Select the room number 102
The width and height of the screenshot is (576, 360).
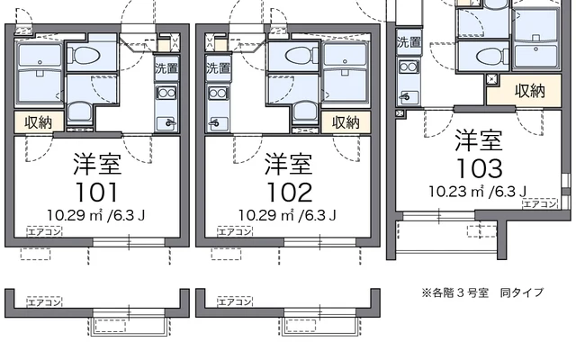[289, 192]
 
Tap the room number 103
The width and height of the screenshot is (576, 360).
[478, 167]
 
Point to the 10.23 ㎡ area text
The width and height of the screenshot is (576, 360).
[477, 191]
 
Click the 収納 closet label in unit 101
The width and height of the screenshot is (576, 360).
[38, 122]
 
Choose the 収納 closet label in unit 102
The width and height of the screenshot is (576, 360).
[346, 122]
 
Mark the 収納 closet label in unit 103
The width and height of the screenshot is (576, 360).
[529, 90]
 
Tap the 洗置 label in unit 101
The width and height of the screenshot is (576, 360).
[166, 68]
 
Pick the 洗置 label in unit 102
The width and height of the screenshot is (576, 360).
[217, 68]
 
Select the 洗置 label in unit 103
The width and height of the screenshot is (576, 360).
[409, 41]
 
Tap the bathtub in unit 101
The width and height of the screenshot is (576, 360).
[39, 67]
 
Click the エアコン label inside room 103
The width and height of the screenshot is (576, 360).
[540, 205]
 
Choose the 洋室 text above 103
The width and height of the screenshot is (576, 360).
[478, 140]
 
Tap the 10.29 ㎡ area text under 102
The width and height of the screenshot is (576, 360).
[288, 215]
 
